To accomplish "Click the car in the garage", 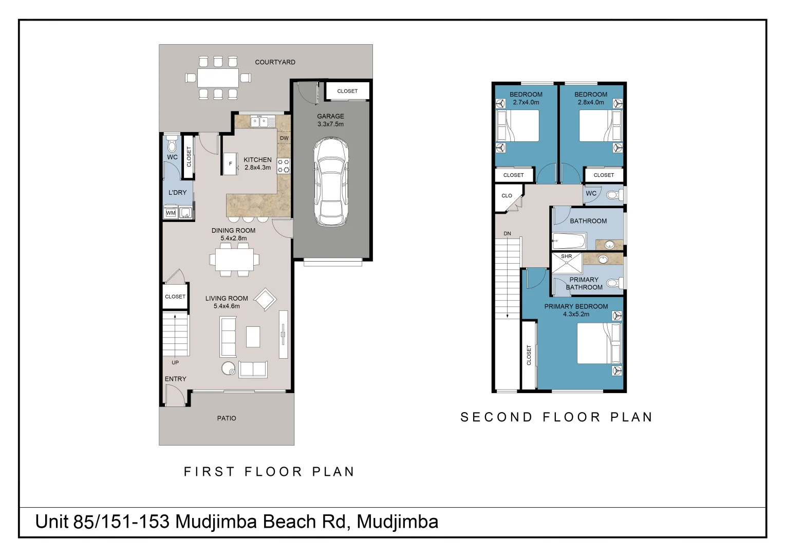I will pos(331,181).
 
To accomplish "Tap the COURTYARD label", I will pos(275,62).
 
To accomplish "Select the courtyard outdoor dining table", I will pos(218,78).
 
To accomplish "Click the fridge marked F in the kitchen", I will pos(230,164).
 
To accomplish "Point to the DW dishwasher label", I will pos(284,138).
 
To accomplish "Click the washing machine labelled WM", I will pos(171,213).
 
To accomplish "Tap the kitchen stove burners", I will pos(284,165).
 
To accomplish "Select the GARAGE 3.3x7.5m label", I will pos(330,120).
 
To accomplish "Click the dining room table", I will pos(234,260).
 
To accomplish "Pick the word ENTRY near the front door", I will pos(175,379).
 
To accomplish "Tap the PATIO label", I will pos(227,418).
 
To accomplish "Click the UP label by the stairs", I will pos(175,363).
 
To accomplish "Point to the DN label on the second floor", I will pos(507,234).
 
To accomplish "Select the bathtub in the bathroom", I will pos(569,240).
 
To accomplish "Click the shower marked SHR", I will pos(567,263).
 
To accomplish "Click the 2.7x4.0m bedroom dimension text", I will pos(526,102).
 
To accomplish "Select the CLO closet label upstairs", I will pos(507,196).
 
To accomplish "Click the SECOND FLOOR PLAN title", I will pos(556,417).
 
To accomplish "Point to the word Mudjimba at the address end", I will pos(397,522).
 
